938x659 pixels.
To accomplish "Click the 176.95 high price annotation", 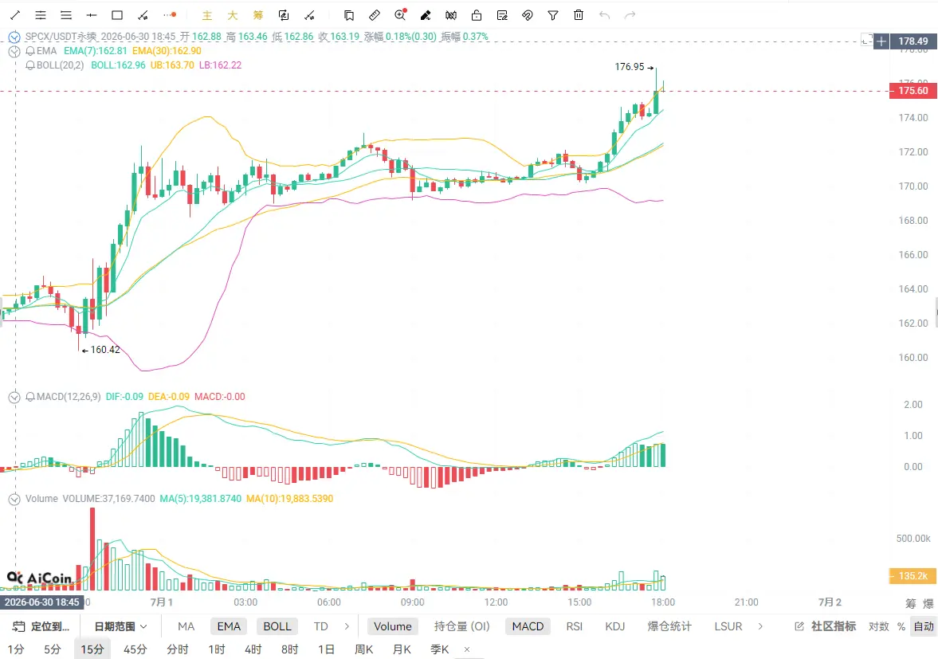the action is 630,67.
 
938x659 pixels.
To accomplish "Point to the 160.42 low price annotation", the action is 105,350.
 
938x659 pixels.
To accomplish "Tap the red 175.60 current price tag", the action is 912,91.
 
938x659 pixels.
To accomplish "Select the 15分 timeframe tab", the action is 92,649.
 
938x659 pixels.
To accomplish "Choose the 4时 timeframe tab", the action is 253,649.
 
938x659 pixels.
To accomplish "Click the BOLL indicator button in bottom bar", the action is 277,626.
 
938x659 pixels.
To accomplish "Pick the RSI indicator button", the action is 575,626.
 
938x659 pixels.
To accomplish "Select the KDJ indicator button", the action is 615,626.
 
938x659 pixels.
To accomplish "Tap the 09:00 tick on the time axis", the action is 412,602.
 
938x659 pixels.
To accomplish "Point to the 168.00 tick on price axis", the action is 912,221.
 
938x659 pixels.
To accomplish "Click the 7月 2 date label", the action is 830,602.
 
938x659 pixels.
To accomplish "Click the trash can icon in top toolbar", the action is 579,16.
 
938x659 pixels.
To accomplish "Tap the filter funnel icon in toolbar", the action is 553,16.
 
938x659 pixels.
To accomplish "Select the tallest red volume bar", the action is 92,549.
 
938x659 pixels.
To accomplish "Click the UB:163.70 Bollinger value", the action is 172,65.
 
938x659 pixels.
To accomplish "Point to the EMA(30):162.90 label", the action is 167,51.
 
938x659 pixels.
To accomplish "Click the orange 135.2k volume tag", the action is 912,576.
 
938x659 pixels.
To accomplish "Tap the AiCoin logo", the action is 40,578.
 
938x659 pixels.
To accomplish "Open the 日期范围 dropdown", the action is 120,626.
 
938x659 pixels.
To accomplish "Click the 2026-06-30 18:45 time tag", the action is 42,602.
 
